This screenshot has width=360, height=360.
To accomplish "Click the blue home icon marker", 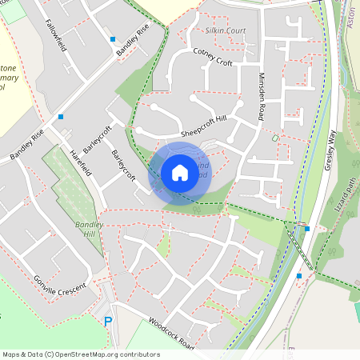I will pyautogui.click(x=180, y=173).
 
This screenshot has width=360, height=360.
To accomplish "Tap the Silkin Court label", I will pyautogui.click(x=225, y=30).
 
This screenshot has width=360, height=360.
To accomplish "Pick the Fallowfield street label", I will pyautogui.click(x=57, y=36).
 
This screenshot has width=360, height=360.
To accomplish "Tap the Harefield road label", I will pyautogui.click(x=82, y=162).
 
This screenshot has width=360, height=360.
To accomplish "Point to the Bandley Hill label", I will pyautogui.click(x=90, y=230).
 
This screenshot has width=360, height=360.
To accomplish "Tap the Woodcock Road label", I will pyautogui.click(x=171, y=333).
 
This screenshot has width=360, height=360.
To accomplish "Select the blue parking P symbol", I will pyautogui.click(x=108, y=322).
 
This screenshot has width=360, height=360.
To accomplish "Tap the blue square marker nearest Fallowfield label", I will pyautogui.click(x=113, y=38).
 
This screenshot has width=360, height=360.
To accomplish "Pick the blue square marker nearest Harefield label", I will pyautogui.click(x=61, y=117).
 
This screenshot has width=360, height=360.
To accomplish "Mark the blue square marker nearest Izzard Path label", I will pyautogui.click(x=307, y=229).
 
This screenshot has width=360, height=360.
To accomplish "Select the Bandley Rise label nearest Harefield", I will pyautogui.click(x=26, y=146).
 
